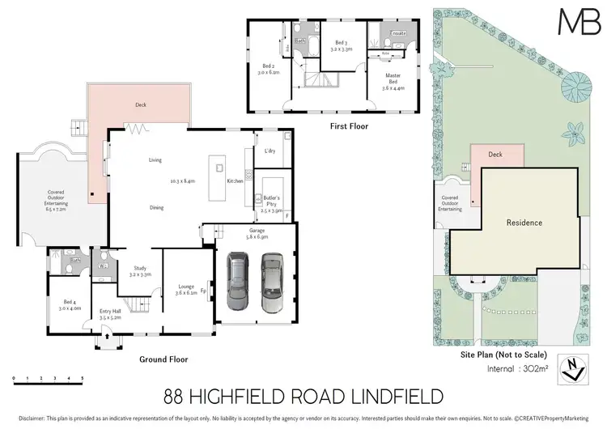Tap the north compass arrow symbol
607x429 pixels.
575,369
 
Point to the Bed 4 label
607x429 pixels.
71,304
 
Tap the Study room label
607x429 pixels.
141,271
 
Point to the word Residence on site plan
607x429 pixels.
524,223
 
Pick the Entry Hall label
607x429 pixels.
109,314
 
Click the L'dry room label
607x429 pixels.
270,151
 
